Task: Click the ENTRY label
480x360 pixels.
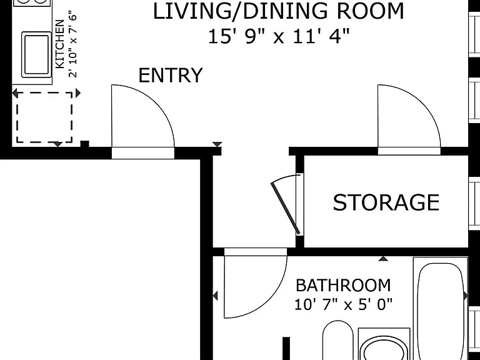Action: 171,75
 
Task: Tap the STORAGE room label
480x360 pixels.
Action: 386,202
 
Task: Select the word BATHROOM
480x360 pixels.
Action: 343,285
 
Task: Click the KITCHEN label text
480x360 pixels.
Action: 60,44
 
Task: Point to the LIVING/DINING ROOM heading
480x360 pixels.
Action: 279,11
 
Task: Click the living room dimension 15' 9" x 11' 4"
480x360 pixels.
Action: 279,36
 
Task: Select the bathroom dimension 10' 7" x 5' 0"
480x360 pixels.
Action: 343,304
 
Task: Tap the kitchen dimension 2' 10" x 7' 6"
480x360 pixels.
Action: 72,45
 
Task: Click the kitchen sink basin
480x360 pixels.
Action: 36,54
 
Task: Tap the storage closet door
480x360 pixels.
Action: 285,207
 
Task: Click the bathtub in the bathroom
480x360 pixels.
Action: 441,309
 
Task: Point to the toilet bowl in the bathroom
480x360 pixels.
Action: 384,349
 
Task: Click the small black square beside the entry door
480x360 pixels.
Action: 84,144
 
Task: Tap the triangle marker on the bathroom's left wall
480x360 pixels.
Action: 215,296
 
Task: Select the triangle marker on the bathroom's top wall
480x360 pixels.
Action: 383,259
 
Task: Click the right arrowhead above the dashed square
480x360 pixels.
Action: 78,93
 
